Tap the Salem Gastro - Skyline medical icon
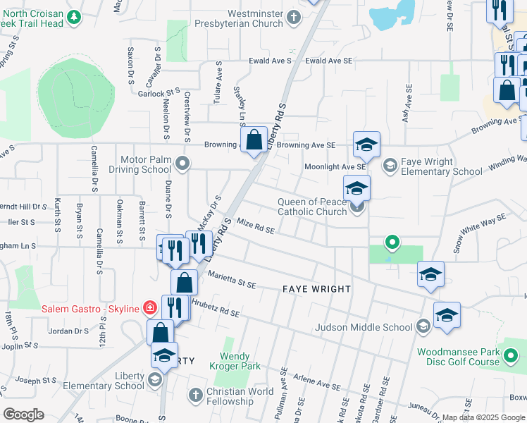tap(149, 307)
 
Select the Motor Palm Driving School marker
tap(183, 164)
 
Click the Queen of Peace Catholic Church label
tap(312, 207)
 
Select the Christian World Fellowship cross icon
tap(196, 392)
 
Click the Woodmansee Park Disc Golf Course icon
tap(510, 357)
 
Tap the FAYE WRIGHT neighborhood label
tap(316, 289)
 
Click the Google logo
tap(23, 415)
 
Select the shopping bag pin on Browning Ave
tap(254, 138)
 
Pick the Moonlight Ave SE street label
tap(335, 166)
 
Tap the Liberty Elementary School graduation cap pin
tap(165, 355)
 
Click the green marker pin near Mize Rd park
tap(392, 244)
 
